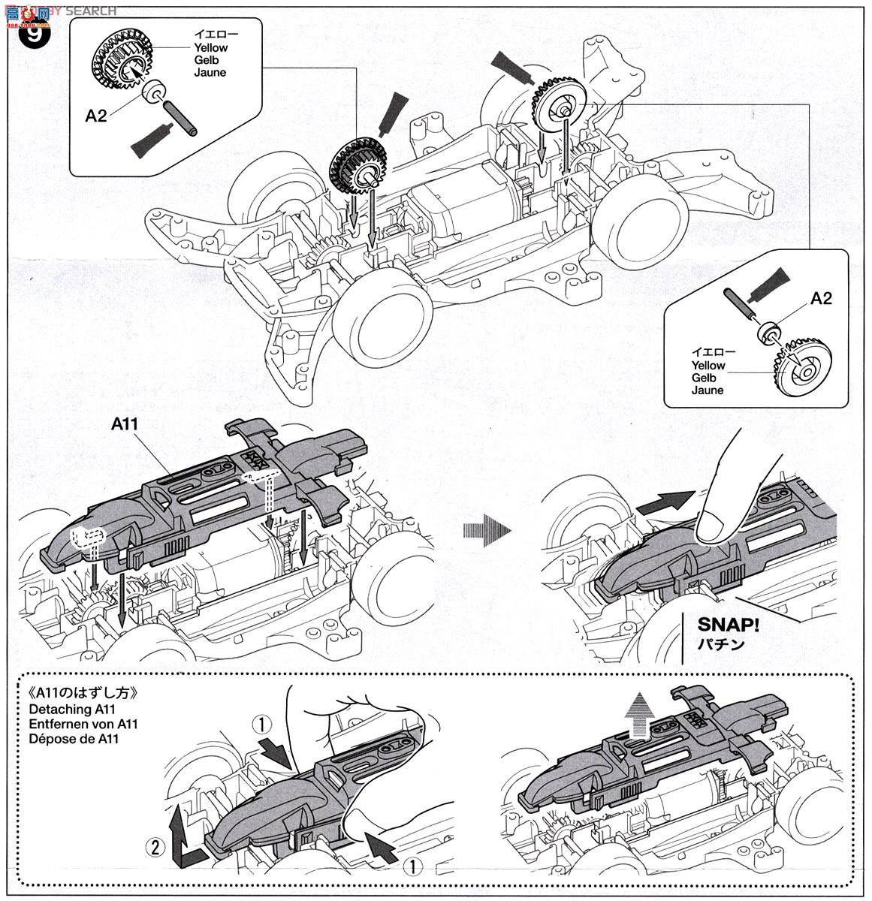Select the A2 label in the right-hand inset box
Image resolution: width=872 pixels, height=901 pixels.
pos(821,298)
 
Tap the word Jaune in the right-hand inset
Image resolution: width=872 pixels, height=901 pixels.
pos(708,390)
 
